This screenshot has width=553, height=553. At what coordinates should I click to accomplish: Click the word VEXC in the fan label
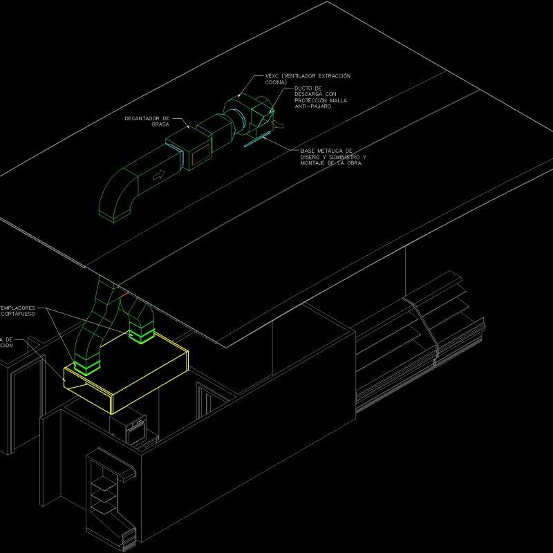(x=272, y=75)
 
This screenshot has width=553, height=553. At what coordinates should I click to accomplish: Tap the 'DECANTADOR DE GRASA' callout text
(x=147, y=121)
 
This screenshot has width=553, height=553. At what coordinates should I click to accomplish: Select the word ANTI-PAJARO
(x=312, y=106)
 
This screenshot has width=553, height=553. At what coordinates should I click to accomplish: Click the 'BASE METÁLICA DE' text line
(x=326, y=150)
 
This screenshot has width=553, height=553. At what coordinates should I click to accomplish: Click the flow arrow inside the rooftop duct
(x=158, y=176)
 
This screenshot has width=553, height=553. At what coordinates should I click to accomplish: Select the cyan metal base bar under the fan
(x=256, y=141)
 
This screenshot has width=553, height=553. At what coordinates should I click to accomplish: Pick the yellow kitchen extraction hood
(x=124, y=373)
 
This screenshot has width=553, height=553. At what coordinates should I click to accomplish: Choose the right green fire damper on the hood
(x=142, y=336)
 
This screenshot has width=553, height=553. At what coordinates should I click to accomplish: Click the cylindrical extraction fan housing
(x=238, y=111)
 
